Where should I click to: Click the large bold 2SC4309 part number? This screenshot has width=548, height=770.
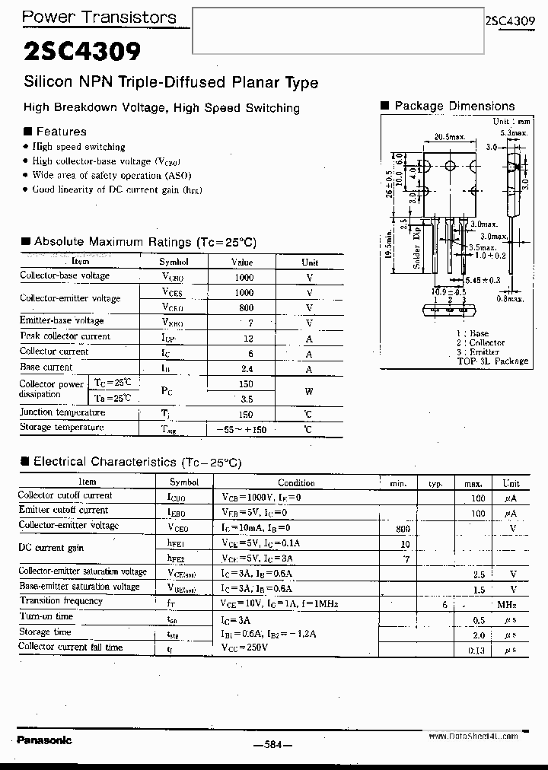click(82, 52)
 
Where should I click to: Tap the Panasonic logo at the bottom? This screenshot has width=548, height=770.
click(44, 740)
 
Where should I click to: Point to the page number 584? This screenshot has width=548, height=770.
click(272, 746)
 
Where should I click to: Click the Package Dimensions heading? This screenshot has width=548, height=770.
click(454, 107)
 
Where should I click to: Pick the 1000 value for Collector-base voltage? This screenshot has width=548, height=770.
click(244, 277)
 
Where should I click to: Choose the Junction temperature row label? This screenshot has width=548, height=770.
click(62, 412)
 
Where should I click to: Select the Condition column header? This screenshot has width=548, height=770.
click(296, 482)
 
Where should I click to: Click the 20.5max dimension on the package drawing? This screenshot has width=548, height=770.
click(449, 137)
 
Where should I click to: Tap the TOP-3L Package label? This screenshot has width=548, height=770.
click(492, 361)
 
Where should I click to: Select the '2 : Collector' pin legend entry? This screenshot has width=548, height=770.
click(481, 343)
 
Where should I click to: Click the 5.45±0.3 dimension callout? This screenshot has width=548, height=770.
click(484, 281)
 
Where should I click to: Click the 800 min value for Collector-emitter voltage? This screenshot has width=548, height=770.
click(403, 528)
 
